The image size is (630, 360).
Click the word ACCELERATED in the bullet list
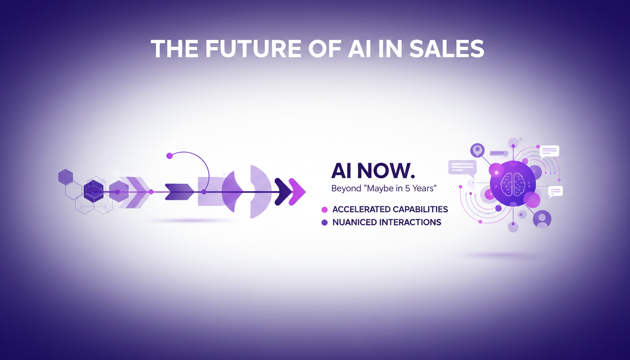[361, 209]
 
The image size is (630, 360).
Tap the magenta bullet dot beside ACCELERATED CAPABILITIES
[324, 210]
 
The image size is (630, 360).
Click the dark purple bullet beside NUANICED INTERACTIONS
[324, 223]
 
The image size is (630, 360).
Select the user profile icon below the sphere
[542, 218]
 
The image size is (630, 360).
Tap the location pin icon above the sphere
[477, 150]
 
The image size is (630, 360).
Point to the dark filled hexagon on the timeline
[94, 192]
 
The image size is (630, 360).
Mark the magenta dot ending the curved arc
[170, 156]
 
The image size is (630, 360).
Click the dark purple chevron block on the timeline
[179, 192]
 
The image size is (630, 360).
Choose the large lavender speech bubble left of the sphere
[462, 167]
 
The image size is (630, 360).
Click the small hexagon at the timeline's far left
[66, 177]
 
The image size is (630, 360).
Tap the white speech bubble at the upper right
[549, 151]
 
